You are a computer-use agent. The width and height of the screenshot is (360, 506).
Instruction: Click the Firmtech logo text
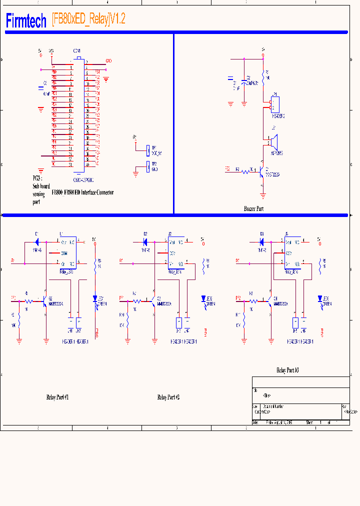click(26, 20)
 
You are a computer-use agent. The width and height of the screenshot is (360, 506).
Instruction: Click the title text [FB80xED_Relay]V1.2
click(88, 19)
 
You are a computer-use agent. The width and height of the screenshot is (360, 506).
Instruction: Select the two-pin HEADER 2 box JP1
click(274, 104)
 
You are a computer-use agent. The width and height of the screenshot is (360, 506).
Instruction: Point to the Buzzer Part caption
click(253, 209)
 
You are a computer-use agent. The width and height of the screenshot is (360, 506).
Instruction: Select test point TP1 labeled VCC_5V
click(147, 149)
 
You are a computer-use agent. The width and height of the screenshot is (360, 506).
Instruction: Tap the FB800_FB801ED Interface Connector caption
click(82, 192)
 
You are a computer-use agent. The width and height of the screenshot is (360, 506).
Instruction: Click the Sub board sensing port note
click(39, 189)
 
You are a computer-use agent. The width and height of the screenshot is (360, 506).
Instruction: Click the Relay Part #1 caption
click(57, 397)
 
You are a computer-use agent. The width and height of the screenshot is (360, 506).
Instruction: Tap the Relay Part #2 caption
click(168, 397)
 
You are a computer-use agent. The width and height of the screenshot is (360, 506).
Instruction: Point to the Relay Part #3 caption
click(287, 370)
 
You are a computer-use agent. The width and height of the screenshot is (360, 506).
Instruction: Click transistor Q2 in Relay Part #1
click(44, 301)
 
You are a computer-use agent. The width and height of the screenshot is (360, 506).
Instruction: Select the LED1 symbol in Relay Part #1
click(95, 298)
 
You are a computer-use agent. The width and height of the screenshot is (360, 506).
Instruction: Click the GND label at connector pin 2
click(108, 61)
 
